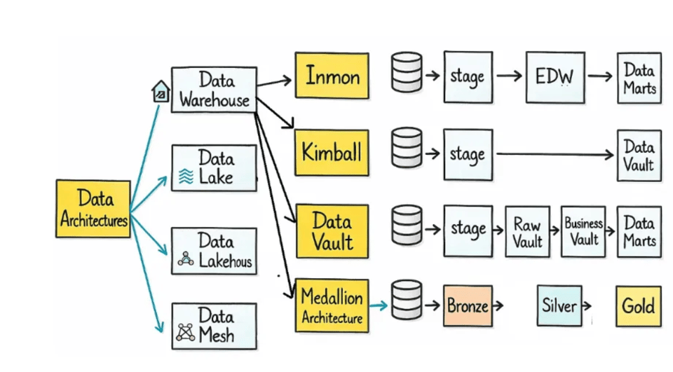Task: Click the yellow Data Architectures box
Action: tap(93, 208)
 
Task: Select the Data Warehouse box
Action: tap(214, 89)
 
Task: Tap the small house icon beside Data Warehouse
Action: tap(161, 91)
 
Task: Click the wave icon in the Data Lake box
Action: tap(186, 176)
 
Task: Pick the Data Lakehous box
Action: tap(214, 251)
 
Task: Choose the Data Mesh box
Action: tap(214, 326)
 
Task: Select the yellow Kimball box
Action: tap(331, 152)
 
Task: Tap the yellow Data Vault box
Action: tap(332, 231)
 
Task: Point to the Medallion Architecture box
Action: tap(332, 305)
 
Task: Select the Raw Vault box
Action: tap(527, 232)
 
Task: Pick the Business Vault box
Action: tap(583, 231)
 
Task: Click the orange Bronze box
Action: tap(468, 305)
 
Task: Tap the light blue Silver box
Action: tap(559, 305)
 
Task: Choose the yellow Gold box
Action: tap(638, 306)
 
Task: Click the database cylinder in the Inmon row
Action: tap(407, 72)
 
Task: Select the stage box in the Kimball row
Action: tap(468, 153)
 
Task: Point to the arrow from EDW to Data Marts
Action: tap(601, 76)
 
